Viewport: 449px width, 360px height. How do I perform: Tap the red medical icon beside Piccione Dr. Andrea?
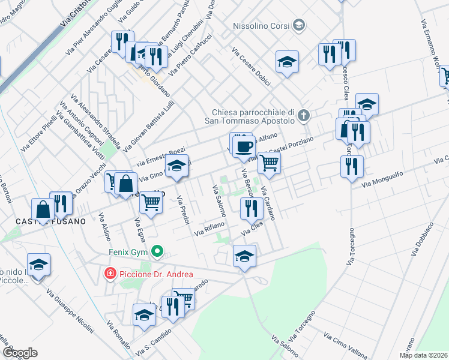tap(110, 274)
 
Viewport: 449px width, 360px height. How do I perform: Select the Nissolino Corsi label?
tap(262, 26)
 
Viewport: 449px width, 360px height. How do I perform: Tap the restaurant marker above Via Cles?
tap(251, 208)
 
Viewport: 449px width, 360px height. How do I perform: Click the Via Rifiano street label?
tap(209, 228)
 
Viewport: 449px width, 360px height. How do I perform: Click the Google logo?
tap(19, 353)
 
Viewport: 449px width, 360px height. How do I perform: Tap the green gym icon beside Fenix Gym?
tap(157, 251)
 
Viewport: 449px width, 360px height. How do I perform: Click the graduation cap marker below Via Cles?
tap(244, 256)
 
